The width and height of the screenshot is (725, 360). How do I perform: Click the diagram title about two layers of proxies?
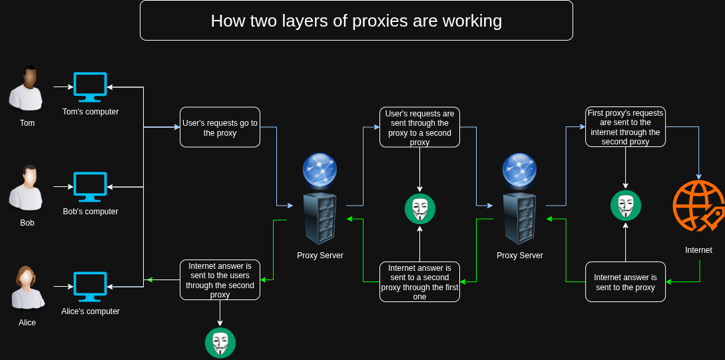[356, 21]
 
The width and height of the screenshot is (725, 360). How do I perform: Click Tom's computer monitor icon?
[90, 87]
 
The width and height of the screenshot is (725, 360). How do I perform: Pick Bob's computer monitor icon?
[90, 187]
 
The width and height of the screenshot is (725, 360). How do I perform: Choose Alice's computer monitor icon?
[90, 287]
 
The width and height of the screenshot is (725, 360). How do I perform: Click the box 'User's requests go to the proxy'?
[220, 127]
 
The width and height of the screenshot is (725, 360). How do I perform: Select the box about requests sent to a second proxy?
[419, 127]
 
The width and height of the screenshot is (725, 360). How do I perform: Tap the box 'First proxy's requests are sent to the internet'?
[625, 127]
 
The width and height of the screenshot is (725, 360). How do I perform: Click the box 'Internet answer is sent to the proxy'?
[625, 281]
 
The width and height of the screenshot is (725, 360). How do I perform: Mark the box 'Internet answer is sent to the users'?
[220, 279]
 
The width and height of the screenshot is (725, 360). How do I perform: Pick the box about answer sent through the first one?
[419, 281]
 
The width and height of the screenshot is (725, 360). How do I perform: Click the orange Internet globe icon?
[698, 206]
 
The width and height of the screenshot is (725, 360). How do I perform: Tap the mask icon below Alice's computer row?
[220, 343]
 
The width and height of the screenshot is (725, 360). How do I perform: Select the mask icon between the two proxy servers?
[419, 209]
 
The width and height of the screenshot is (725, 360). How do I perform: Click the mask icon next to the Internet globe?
[626, 206]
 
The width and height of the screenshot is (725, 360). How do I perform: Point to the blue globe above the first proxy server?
[320, 170]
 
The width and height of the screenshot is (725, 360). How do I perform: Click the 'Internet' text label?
[698, 250]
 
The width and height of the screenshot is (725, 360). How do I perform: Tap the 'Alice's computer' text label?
[91, 311]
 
